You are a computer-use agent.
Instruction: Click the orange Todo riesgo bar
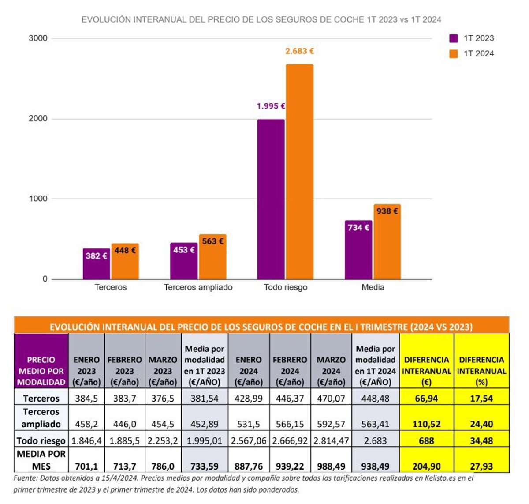point(299,172)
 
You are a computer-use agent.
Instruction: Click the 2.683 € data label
point(299,51)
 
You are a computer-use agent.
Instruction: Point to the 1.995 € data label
point(271,106)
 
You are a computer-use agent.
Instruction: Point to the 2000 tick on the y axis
point(38,119)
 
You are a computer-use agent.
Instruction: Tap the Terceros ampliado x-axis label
point(198,287)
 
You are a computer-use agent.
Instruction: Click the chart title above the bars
point(261,19)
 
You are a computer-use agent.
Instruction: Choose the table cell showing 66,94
point(426,399)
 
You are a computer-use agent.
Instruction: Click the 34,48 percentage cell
point(481,440)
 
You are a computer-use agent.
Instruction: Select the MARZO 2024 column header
point(331,371)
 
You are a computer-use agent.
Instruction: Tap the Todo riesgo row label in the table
point(41,440)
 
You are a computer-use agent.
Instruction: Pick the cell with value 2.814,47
point(331,440)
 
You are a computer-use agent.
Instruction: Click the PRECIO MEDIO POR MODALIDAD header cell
point(41,371)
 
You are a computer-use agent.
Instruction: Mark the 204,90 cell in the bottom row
point(426,466)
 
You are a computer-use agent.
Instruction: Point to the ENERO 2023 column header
point(86,371)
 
